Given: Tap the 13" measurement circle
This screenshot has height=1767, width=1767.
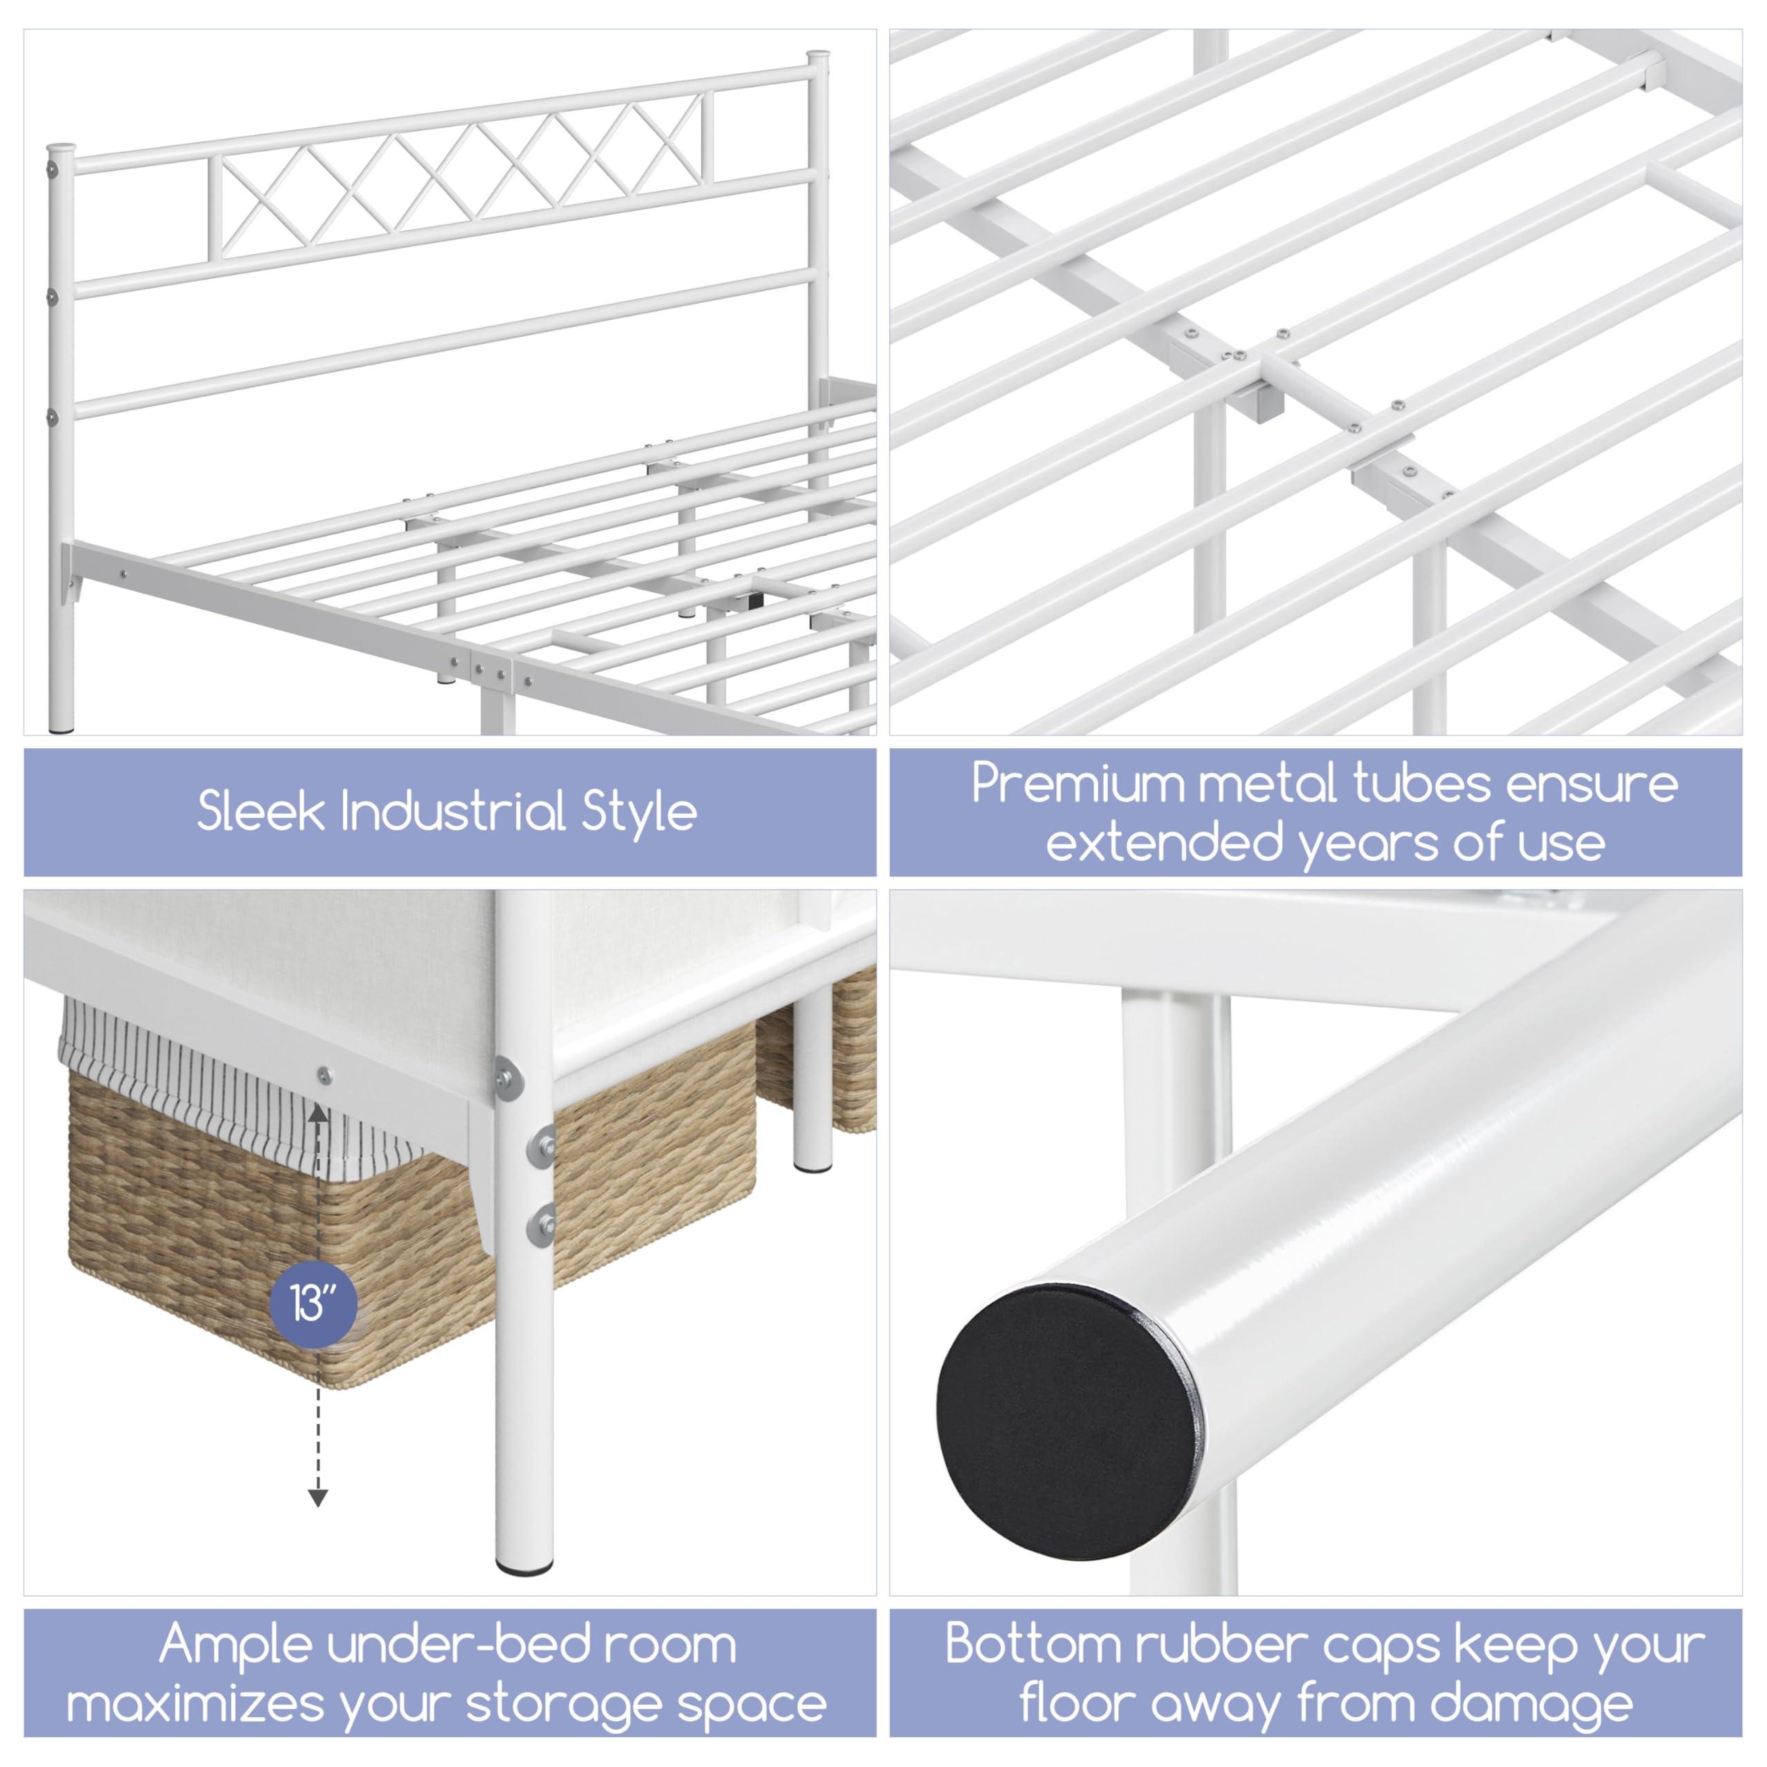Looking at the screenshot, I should point(313,1302).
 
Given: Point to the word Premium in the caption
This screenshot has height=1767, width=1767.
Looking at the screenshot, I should point(1061,784).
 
